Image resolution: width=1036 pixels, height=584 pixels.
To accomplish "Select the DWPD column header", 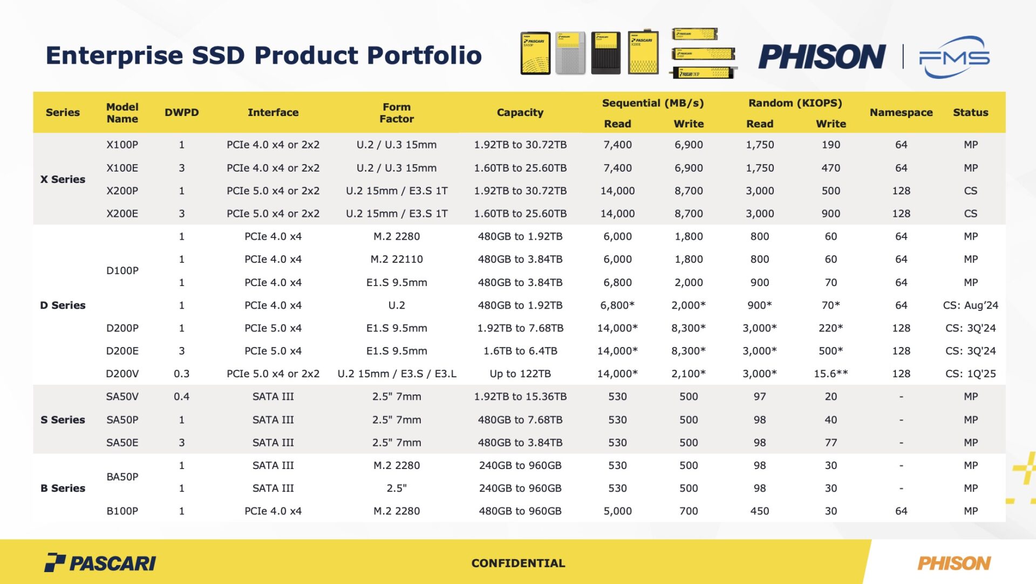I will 181,112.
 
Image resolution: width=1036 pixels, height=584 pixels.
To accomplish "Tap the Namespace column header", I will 901,112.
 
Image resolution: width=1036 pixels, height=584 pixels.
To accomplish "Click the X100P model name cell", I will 122,145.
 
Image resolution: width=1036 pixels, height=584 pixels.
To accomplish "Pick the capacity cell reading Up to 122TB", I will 520,374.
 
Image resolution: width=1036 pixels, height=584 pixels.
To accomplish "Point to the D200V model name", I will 122,374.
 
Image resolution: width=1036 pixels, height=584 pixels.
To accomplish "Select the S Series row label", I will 63,419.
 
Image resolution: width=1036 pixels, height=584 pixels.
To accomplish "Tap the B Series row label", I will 63,488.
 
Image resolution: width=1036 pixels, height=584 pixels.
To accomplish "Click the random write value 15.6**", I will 830,374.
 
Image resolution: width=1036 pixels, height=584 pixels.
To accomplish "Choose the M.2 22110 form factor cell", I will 396,259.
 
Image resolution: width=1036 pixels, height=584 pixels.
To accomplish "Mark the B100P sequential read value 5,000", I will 617,511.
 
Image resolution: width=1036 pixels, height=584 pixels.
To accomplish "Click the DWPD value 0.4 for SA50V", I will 181,396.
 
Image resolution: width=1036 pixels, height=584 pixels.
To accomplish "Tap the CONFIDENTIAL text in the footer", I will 518,563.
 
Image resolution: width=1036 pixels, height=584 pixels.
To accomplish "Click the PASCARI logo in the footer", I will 100,563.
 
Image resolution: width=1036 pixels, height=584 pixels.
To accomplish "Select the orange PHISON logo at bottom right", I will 953,563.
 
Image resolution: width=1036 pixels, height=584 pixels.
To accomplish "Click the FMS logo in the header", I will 954,57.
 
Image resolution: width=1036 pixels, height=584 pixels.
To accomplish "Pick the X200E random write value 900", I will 830,213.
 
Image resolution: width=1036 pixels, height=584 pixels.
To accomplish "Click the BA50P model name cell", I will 122,477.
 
